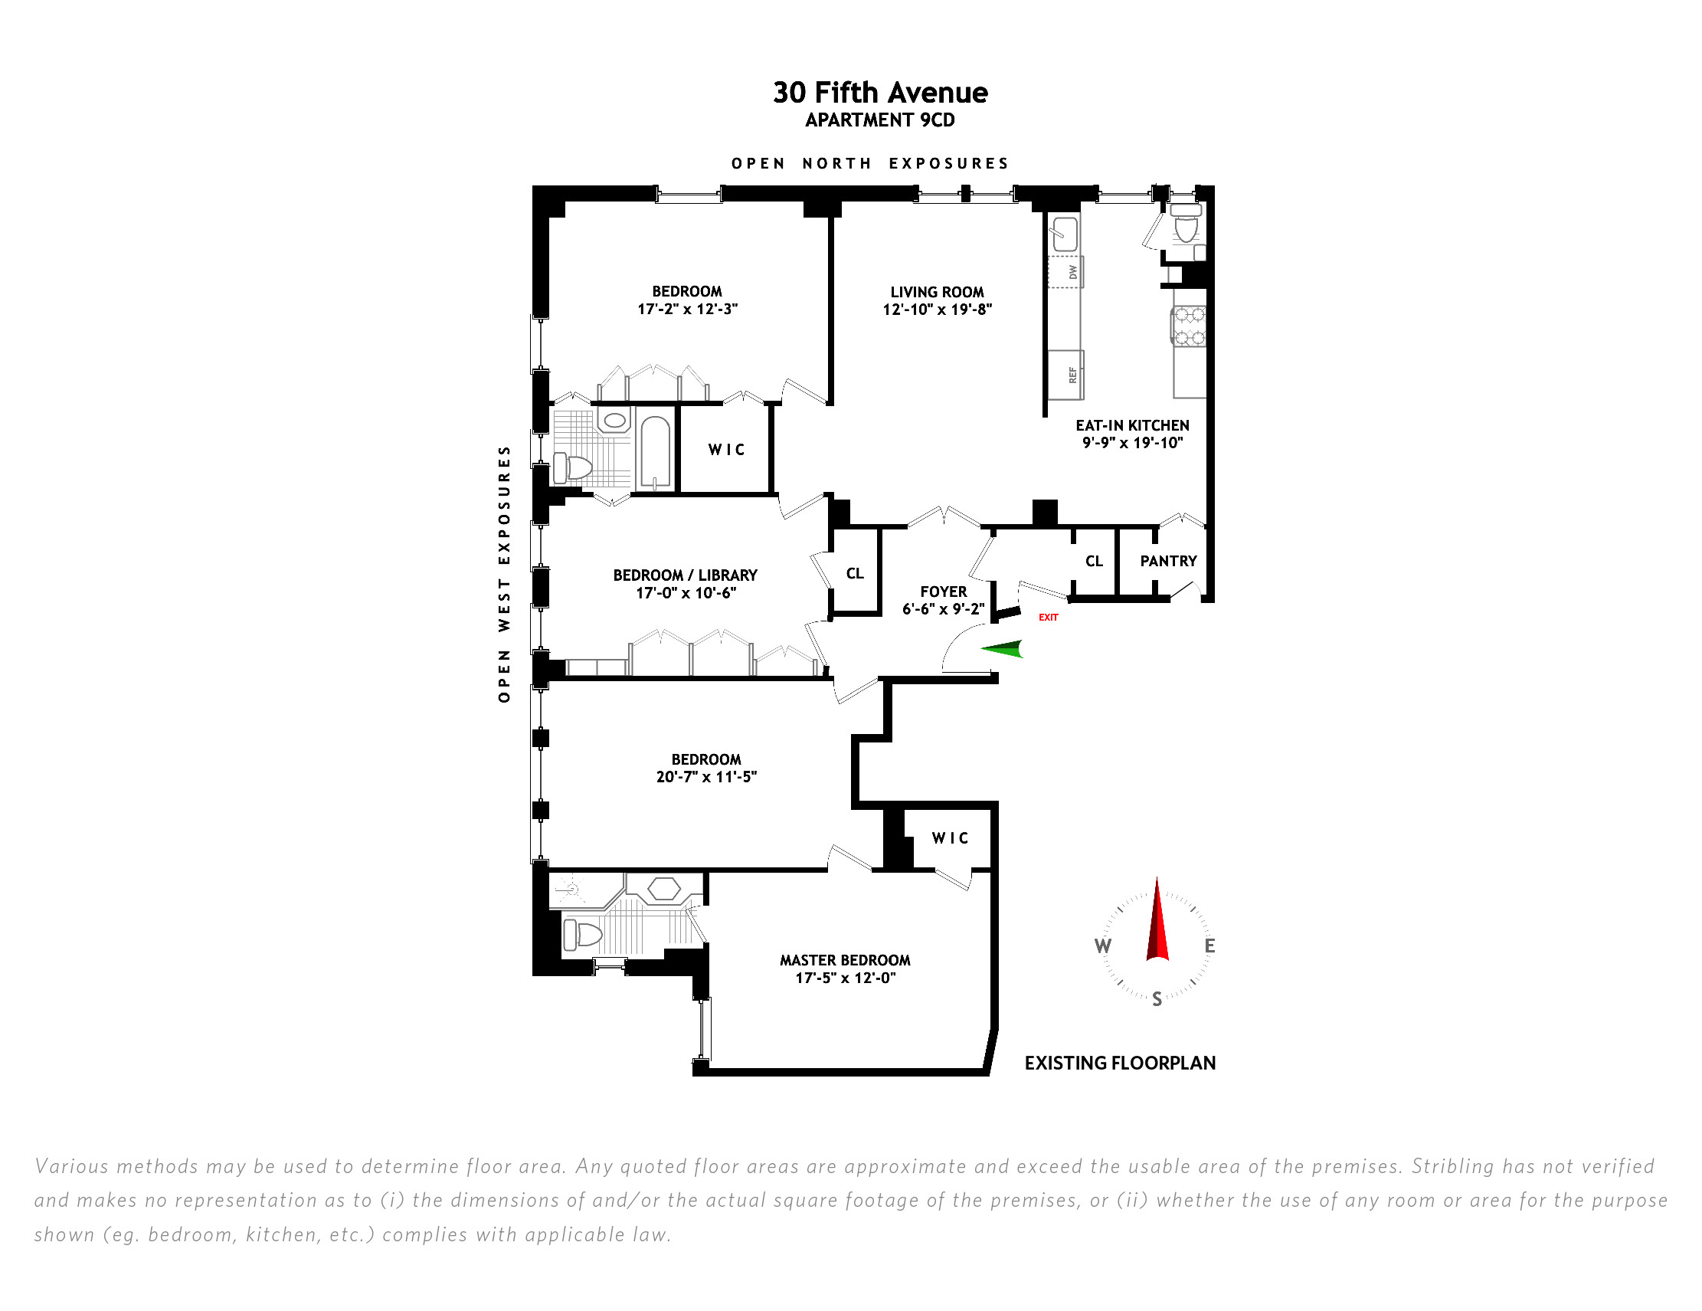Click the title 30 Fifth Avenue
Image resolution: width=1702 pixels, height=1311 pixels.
(x=880, y=93)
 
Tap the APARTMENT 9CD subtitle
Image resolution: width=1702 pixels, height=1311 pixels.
(x=880, y=120)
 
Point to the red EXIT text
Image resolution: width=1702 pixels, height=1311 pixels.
(x=1048, y=618)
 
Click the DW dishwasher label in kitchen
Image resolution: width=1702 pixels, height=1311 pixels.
(x=1073, y=272)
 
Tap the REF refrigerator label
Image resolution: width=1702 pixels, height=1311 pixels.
(x=1072, y=375)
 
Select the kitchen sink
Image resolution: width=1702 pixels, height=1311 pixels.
(x=1065, y=233)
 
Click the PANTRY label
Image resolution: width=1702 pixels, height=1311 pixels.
(x=1168, y=561)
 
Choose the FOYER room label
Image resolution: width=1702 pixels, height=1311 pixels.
(x=943, y=592)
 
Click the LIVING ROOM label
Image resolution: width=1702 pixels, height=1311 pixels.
(x=937, y=292)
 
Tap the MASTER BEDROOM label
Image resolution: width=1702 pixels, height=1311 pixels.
(x=845, y=960)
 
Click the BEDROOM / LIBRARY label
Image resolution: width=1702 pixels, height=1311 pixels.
(x=685, y=575)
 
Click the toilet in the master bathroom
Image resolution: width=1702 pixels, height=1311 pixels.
(x=583, y=934)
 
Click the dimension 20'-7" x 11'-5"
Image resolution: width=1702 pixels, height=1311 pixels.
(x=706, y=777)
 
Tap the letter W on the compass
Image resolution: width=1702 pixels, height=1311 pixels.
(x=1103, y=946)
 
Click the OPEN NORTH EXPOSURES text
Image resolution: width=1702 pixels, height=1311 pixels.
(x=869, y=164)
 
